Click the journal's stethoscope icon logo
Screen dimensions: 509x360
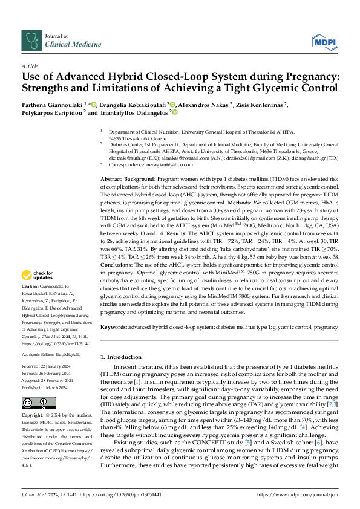[x=31, y=40]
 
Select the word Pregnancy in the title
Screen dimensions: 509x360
[x=291, y=77]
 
